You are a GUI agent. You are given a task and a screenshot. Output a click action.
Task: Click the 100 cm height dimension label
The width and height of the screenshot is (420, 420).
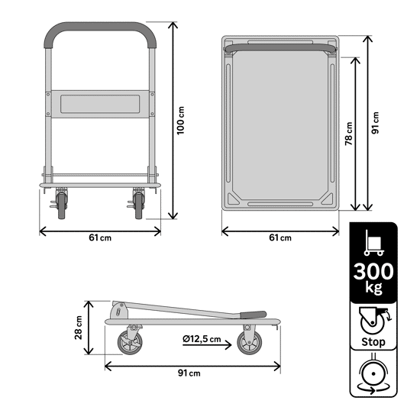pos(181,121)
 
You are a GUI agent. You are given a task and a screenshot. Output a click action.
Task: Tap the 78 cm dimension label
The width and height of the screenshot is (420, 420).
pos(348,134)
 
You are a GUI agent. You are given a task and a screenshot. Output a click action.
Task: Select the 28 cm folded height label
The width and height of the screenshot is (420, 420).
pos(78,328)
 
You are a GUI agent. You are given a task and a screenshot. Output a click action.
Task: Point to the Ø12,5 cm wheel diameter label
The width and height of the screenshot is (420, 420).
pos(202,339)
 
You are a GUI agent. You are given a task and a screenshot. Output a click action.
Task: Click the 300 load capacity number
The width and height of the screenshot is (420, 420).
pos(373,271)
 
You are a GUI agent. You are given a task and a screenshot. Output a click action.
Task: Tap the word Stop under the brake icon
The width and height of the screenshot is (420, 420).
pos(373,342)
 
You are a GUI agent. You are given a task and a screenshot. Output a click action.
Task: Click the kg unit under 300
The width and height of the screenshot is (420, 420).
pos(374,288)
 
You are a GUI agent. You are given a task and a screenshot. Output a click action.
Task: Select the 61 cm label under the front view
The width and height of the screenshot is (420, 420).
pos(100,237)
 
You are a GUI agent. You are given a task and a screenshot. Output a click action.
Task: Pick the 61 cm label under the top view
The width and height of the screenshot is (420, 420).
pos(280,237)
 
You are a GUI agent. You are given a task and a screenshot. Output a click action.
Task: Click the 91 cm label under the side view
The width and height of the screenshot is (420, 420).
pos(189,373)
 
